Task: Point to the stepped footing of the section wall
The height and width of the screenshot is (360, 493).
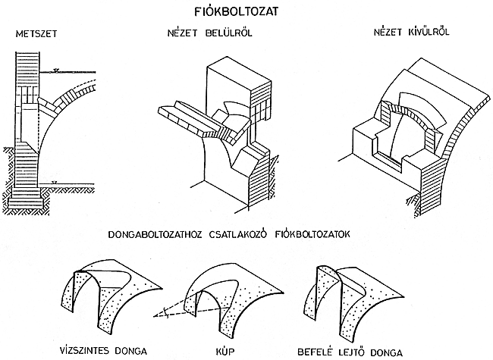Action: coord(28,199)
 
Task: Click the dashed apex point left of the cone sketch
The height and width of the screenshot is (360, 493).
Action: coord(161,312)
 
